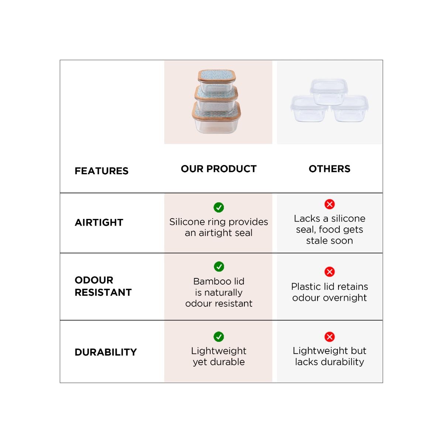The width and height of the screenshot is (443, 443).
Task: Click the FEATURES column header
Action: [102, 171]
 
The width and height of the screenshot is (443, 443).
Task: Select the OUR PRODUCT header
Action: [219, 169]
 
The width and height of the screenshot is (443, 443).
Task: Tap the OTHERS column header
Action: [329, 169]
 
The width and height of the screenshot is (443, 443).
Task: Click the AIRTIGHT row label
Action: [99, 223]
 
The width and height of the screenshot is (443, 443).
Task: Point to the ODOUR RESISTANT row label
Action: [103, 286]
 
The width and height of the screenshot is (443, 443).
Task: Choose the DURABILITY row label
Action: [106, 352]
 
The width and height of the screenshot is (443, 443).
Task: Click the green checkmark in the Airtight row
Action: [219, 207]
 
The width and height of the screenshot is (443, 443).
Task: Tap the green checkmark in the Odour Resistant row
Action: [219, 267]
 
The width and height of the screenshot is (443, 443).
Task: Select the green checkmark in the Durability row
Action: [219, 337]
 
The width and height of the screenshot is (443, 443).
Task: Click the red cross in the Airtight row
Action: [330, 204]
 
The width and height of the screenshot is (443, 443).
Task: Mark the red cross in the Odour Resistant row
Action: [330, 272]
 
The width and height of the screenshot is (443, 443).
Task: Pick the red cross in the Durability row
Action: [330, 337]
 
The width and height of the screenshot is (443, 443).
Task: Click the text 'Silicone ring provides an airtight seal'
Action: [219, 227]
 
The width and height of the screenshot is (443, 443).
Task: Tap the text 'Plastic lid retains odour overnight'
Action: [329, 292]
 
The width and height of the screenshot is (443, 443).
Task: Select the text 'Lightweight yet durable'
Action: [219, 356]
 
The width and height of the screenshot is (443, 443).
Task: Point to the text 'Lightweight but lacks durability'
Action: [329, 356]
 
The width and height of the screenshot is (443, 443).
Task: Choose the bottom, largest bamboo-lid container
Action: [216, 118]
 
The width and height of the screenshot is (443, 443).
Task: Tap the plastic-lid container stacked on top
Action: [329, 91]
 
